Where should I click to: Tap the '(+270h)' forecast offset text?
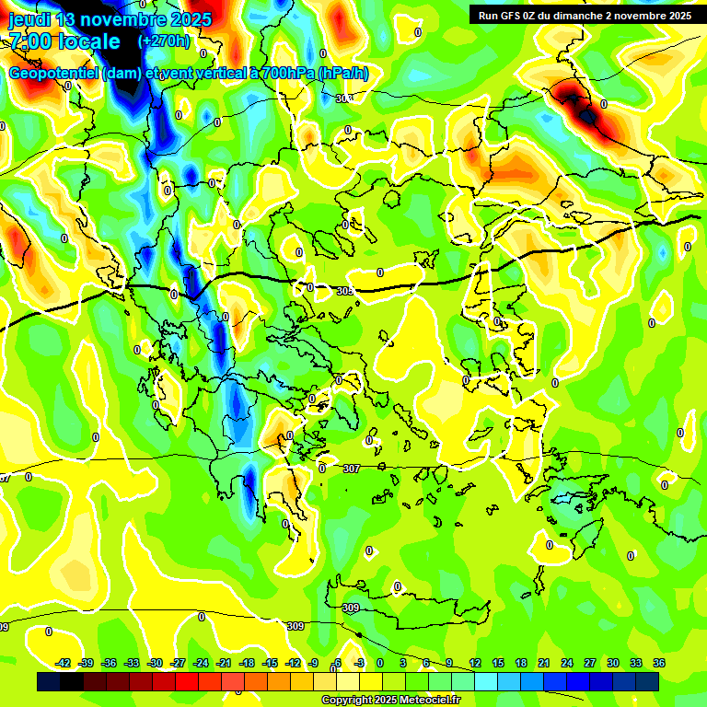164,41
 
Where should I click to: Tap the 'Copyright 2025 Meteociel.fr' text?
390,700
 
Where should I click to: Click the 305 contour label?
345,291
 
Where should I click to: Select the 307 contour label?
351,469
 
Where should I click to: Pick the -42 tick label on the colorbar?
64,663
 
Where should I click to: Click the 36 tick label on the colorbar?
659,663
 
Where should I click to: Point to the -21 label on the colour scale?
224,663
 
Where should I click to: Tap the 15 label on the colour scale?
497,663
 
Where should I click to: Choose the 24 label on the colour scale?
567,663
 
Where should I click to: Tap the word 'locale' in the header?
88,41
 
